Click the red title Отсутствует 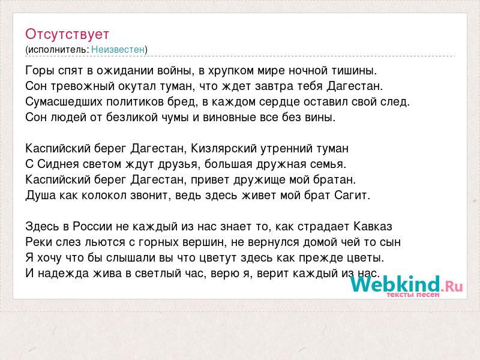click(67, 34)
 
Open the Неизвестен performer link click(118, 49)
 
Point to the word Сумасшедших click(64, 102)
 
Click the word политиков click(135, 102)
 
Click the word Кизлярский click(223, 148)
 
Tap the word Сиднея click(58, 164)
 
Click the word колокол click(104, 196)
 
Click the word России click(92, 227)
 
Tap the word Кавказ click(373, 227)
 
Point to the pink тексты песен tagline click(413, 295)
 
